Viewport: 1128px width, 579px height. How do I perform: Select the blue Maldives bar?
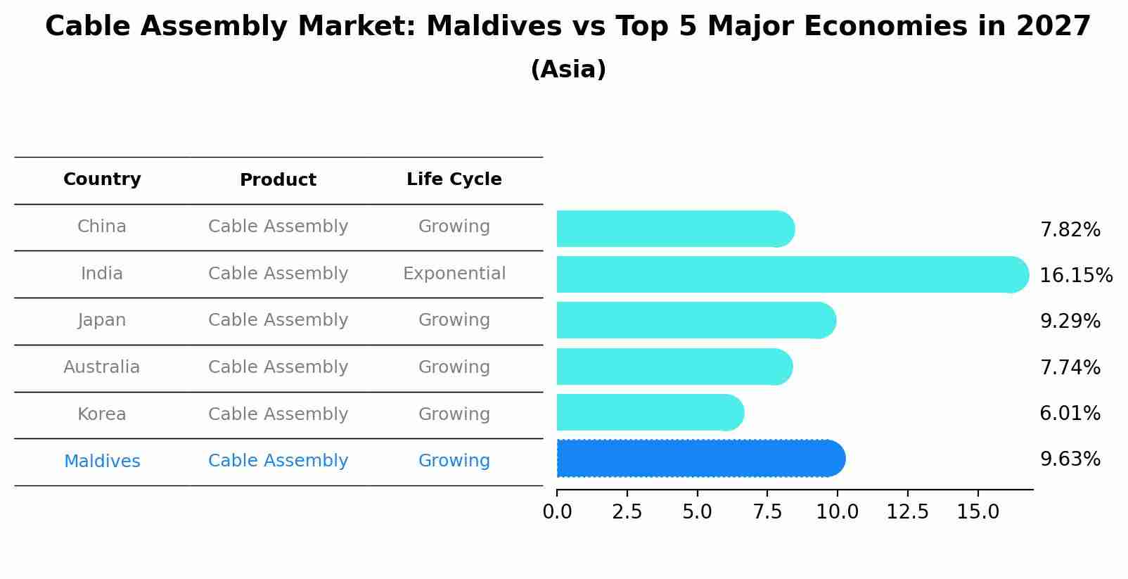[700, 459]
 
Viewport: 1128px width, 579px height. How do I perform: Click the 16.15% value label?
[1075, 275]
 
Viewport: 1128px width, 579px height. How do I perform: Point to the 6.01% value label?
[1070, 413]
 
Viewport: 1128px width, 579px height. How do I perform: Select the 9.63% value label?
[1070, 459]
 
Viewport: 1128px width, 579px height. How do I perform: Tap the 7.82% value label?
[1070, 230]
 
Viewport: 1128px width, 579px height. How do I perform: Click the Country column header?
[102, 179]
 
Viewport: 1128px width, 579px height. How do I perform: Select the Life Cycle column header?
[454, 179]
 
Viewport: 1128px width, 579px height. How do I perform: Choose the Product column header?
[278, 180]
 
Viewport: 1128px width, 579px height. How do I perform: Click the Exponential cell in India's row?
[454, 274]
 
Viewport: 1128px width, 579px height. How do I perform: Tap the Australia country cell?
[102, 367]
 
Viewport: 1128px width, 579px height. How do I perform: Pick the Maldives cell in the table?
[102, 462]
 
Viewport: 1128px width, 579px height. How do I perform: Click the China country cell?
[102, 227]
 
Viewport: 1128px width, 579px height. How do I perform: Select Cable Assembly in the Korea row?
[278, 414]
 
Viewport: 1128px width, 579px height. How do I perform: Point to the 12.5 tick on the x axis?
[907, 512]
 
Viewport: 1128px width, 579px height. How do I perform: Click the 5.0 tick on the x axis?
[697, 512]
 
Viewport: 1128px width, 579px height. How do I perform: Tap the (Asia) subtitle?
[568, 70]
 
